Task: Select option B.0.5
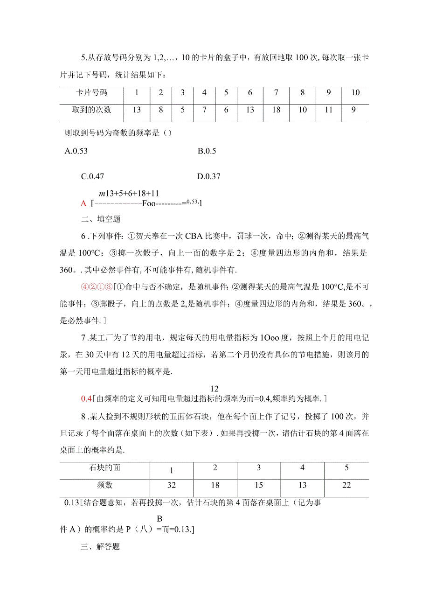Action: click(207, 151)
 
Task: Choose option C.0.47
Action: click(92, 176)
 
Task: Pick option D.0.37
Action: click(208, 176)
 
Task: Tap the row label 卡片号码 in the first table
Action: click(91, 93)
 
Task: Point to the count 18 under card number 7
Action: click(276, 110)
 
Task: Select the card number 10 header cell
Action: click(355, 93)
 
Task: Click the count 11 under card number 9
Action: click(328, 110)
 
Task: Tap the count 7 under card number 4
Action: click(204, 110)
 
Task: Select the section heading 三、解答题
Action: click(100, 546)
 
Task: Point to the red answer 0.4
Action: click(86, 398)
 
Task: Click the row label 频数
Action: click(104, 485)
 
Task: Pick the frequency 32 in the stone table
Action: click(171, 485)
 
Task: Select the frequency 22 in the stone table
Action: click(346, 485)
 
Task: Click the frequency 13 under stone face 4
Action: click(303, 485)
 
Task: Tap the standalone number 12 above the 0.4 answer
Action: click(214, 388)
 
